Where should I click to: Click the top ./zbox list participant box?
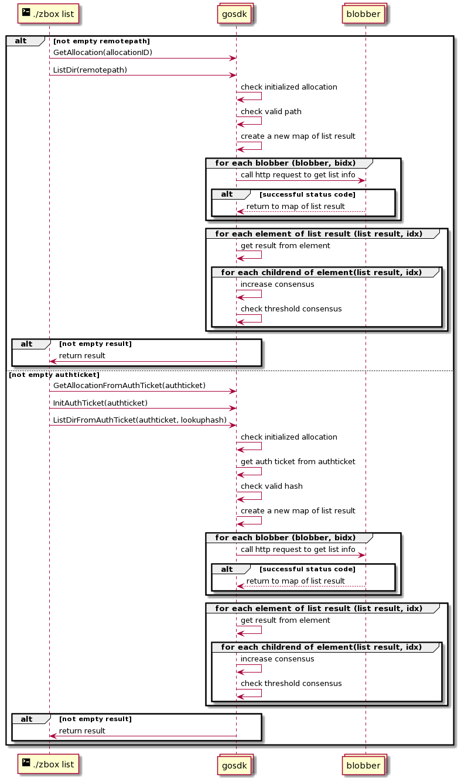coord(48,13)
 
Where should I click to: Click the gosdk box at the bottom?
coord(234,766)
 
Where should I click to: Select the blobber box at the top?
coord(363,13)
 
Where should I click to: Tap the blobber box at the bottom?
coord(363,766)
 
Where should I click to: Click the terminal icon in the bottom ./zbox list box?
coord(26,763)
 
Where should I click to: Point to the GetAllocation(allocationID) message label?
coord(103,52)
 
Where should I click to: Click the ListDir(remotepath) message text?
coord(90,70)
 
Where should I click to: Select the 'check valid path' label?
coord(271,112)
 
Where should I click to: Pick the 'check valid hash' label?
coord(272,486)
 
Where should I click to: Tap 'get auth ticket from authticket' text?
coord(298,461)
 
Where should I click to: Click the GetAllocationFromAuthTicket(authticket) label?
coord(129,385)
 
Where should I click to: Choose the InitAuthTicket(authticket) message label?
coord(100,403)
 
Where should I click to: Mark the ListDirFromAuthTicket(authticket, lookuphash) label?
coord(139,420)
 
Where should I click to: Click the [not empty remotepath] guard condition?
coord(101,41)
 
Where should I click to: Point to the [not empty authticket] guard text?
coord(54,375)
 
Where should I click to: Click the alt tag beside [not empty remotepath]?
coord(21,41)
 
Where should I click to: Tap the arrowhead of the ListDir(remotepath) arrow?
coord(233,75)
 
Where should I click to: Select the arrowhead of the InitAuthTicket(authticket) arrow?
coord(233,408)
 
